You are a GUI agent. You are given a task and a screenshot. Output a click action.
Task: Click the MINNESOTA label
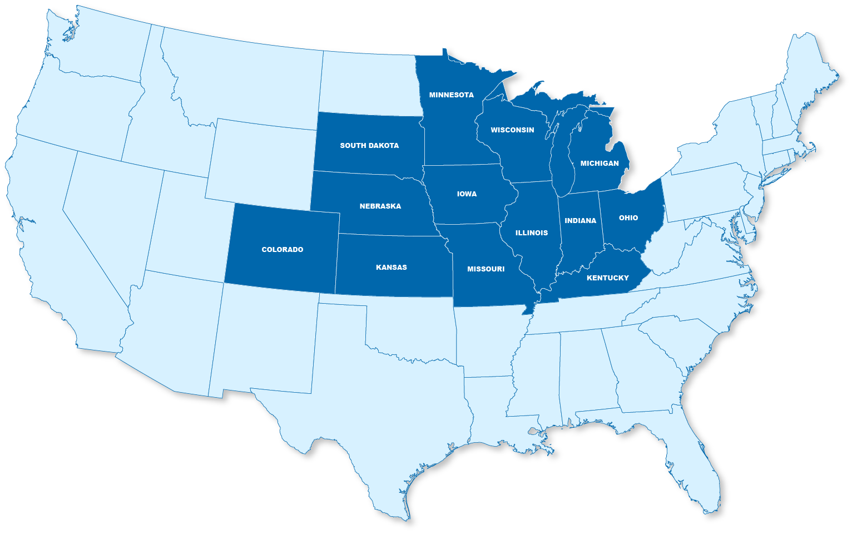click(x=451, y=95)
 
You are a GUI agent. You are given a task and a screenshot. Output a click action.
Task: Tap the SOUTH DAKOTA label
click(x=369, y=146)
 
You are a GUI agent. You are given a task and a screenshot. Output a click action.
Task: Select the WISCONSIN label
click(x=512, y=130)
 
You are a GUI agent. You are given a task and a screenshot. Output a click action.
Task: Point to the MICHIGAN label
click(x=600, y=164)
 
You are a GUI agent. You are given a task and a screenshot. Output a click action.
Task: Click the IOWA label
click(x=467, y=194)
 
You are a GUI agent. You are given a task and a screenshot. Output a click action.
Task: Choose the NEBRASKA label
click(x=380, y=206)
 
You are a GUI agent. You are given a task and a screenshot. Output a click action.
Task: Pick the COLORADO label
click(x=283, y=250)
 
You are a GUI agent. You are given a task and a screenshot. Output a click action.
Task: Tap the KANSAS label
click(x=392, y=268)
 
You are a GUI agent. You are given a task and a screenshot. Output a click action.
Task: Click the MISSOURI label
click(x=486, y=269)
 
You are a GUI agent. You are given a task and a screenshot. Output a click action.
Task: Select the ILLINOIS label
click(x=532, y=233)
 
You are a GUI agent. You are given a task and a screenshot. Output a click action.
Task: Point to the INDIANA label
click(x=580, y=221)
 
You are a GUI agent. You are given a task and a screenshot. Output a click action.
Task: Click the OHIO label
click(x=628, y=218)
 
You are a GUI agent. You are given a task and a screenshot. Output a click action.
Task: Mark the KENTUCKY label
click(x=608, y=278)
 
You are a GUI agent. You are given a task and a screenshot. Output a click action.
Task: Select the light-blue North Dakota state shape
click(x=370, y=83)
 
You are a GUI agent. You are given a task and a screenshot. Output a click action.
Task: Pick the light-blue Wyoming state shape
click(x=261, y=161)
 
